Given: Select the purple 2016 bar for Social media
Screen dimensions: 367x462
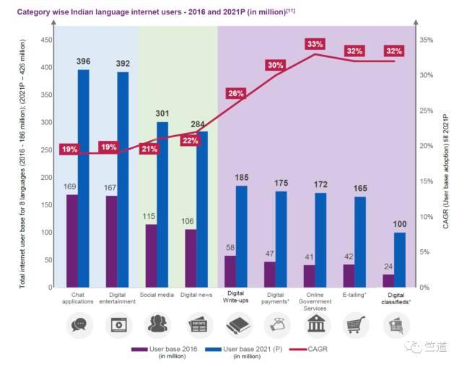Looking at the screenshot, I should click(150, 256).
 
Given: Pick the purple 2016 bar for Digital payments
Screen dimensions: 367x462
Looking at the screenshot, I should click(269, 275).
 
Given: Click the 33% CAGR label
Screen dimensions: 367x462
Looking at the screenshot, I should click(315, 45).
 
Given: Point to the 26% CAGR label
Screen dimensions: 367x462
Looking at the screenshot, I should click(236, 93).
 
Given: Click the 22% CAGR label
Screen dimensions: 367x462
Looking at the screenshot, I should click(191, 140).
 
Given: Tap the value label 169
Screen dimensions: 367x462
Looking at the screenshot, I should click(71, 186).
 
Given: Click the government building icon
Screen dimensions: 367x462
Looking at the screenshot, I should click(315, 326).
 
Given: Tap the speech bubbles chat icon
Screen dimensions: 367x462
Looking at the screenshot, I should click(79, 326).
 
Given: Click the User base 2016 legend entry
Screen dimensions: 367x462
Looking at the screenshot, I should click(161, 350).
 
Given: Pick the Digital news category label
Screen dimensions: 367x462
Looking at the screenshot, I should click(196, 295).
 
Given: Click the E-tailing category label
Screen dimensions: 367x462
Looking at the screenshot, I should click(355, 295).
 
